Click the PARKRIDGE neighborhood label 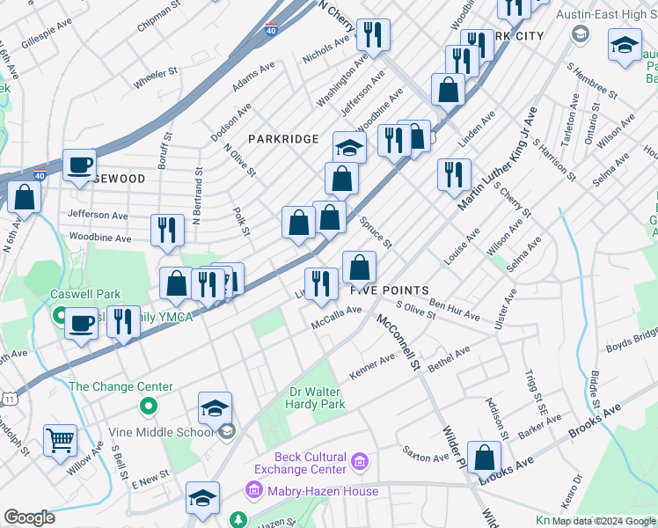(282, 139)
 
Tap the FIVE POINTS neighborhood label (390, 290)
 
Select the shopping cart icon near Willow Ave (60, 440)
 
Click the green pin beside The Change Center (149, 407)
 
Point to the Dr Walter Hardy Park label (318, 398)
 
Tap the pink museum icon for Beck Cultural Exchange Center (359, 461)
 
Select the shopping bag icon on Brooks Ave (484, 457)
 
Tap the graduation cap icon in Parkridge (349, 147)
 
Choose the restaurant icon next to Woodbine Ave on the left (167, 230)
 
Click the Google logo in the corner (29, 517)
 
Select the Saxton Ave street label (426, 458)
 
